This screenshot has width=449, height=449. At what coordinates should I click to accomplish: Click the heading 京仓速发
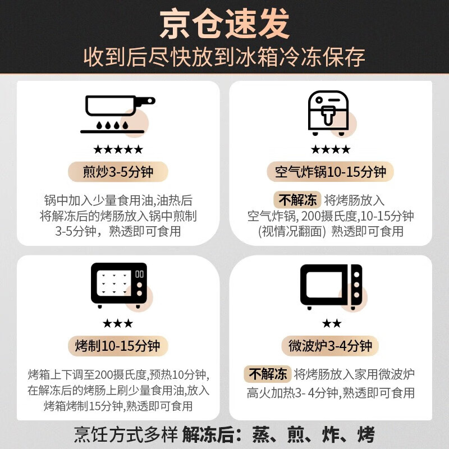coord(224,25)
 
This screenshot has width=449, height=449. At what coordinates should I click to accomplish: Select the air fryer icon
coord(328,113)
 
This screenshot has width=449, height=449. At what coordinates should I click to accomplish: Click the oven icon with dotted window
coord(119,286)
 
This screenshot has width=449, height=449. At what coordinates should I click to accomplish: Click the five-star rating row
coord(118,149)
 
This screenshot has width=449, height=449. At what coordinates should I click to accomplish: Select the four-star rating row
coord(331,149)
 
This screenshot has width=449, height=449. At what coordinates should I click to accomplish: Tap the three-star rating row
coord(118,323)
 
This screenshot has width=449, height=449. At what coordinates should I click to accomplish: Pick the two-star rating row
coord(331,323)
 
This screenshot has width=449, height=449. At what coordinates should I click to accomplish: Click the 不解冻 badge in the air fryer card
coord(296,200)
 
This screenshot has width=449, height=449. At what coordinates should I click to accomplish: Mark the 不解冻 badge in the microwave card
coord(268,374)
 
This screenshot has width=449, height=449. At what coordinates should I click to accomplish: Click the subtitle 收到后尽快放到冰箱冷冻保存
coord(224,57)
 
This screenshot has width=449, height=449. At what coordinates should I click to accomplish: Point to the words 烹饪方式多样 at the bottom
coord(126,434)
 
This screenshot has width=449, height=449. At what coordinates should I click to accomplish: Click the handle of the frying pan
coord(145,101)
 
